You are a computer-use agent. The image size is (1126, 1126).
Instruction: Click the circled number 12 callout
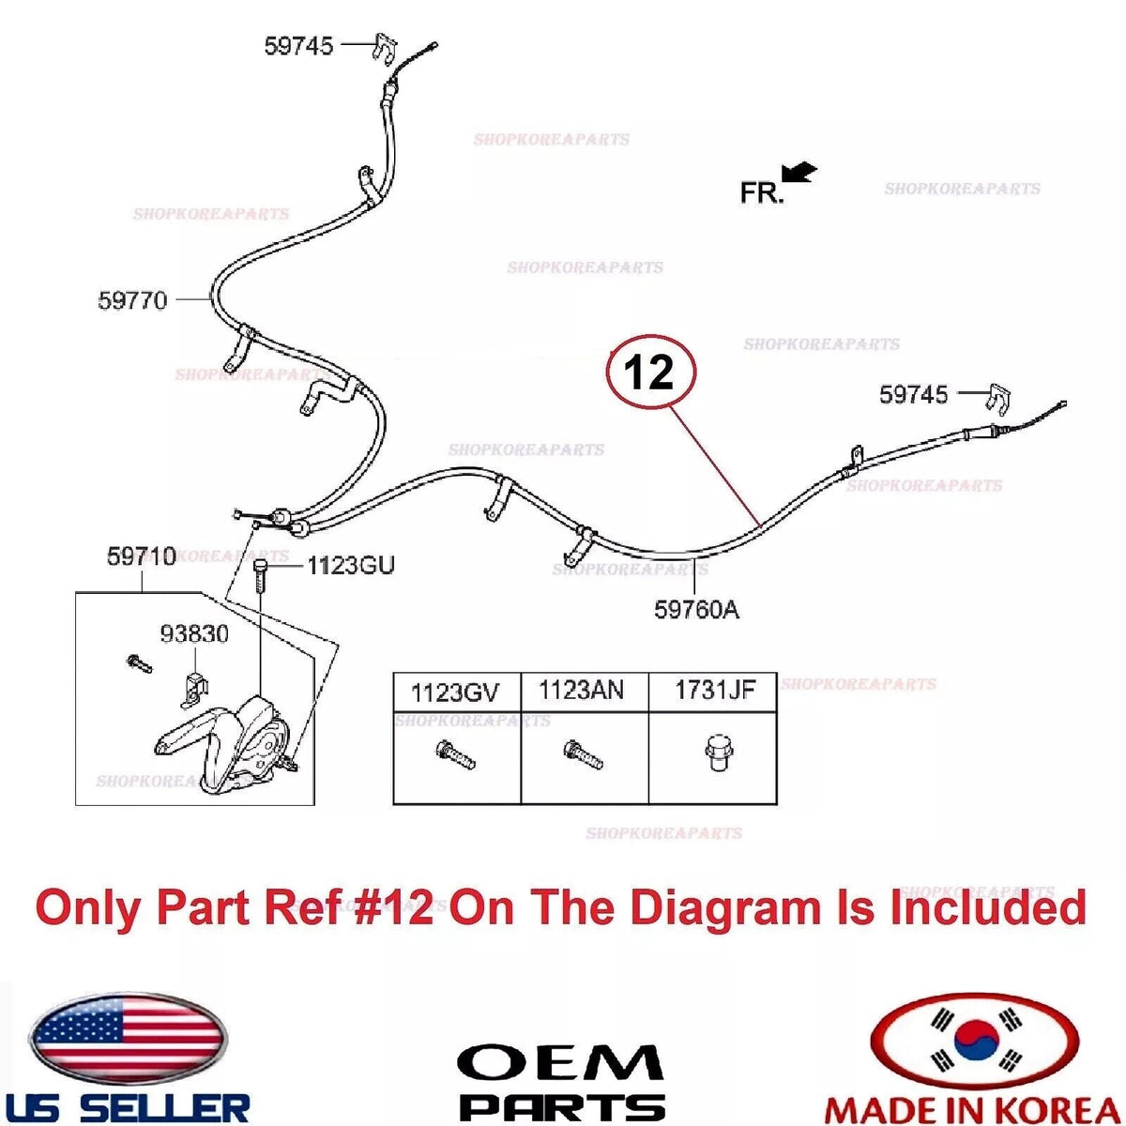point(651,372)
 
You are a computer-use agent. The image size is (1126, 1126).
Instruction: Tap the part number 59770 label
point(132,300)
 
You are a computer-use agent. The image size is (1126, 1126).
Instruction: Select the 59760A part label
point(696,610)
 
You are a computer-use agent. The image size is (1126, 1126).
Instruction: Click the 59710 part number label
point(141,556)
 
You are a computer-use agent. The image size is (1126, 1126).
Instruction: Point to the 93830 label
point(194,633)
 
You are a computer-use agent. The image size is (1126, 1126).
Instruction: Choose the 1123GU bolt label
point(351,565)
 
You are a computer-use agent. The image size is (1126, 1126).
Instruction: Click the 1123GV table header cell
point(456,692)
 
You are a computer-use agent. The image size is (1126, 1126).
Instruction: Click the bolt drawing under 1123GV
point(455,754)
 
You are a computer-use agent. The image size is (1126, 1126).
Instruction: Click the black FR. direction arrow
point(799,173)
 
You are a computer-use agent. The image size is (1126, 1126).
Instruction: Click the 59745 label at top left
point(298,46)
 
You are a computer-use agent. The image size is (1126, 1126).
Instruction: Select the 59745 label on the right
point(914,394)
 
